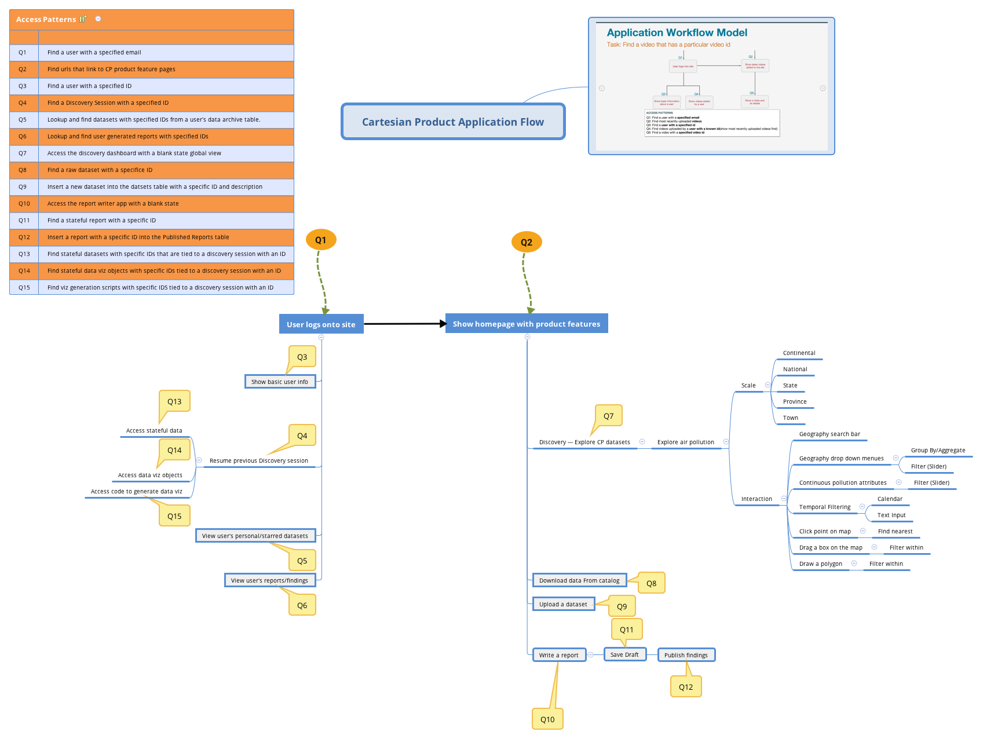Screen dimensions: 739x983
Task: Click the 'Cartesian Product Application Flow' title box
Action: pyautogui.click(x=453, y=122)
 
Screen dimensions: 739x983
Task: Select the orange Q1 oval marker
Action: pyautogui.click(x=321, y=240)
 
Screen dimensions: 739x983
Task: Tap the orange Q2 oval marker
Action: pyautogui.click(x=526, y=242)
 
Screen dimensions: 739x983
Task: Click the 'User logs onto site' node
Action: pyautogui.click(x=321, y=324)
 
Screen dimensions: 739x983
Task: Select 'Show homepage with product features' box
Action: pyautogui.click(x=526, y=324)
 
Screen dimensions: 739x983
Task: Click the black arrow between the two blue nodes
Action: pyautogui.click(x=404, y=324)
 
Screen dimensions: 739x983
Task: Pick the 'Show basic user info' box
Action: pyautogui.click(x=280, y=382)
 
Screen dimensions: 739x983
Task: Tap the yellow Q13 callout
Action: pyautogui.click(x=174, y=401)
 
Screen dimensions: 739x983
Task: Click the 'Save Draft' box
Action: pyautogui.click(x=624, y=654)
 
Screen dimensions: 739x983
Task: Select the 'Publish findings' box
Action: pyautogui.click(x=686, y=655)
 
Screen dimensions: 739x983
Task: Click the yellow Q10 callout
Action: pyautogui.click(x=547, y=719)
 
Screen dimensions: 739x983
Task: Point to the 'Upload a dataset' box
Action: pyautogui.click(x=563, y=604)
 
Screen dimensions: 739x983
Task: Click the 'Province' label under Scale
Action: pyautogui.click(x=794, y=401)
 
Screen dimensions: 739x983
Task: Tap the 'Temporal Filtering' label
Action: pyautogui.click(x=824, y=507)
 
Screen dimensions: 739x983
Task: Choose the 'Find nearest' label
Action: pyautogui.click(x=895, y=531)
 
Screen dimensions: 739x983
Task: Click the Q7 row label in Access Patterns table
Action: pyautogui.click(x=23, y=153)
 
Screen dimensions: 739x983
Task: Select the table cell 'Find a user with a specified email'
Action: pyautogui.click(x=94, y=52)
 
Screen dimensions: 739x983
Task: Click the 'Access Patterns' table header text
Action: pyautogui.click(x=46, y=19)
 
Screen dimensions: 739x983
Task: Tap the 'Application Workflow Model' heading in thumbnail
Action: pyautogui.click(x=677, y=32)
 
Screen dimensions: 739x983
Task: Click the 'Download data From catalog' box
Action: pyautogui.click(x=579, y=580)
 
